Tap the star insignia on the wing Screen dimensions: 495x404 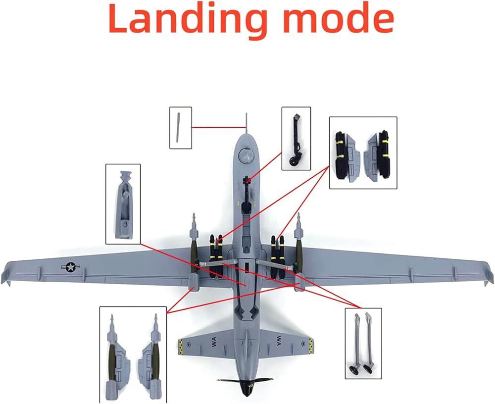point(70,268)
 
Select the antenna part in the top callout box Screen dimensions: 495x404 point(179,127)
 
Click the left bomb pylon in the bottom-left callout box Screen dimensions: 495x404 point(114,353)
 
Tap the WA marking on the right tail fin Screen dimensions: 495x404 point(279,342)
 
